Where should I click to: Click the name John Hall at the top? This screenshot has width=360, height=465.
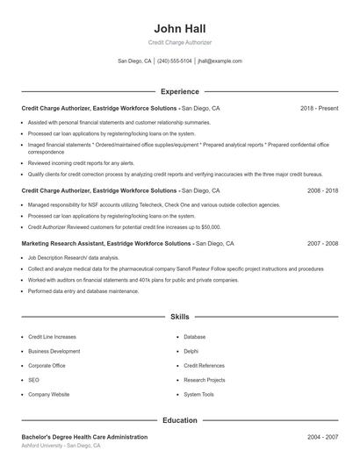click(179, 27)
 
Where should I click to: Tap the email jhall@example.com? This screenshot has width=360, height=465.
click(220, 61)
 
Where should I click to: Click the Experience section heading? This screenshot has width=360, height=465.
click(179, 91)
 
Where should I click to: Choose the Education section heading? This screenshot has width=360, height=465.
click(179, 420)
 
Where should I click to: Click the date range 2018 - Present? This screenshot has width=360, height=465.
click(319, 108)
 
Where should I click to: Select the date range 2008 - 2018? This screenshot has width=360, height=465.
click(322, 190)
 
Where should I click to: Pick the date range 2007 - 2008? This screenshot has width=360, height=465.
click(322, 243)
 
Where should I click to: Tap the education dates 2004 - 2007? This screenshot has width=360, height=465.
click(322, 436)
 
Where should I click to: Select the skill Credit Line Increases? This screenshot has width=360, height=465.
click(52, 336)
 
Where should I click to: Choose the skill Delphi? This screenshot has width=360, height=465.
click(191, 351)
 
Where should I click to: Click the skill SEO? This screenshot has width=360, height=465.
click(33, 380)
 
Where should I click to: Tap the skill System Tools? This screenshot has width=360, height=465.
click(199, 395)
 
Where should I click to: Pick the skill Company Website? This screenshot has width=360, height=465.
click(48, 395)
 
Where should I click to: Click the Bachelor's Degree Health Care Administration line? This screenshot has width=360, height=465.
click(84, 436)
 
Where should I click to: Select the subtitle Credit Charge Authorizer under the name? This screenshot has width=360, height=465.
click(179, 42)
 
